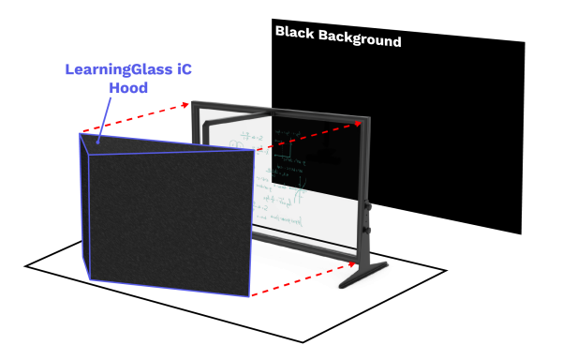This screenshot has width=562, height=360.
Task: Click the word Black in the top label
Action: pos(293,33)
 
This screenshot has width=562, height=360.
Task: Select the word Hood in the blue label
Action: pos(128,87)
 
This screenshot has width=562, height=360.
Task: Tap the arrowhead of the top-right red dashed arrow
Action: pos(359,124)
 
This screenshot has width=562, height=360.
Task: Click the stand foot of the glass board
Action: pos(363,275)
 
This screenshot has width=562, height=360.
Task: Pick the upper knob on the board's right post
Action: pos(368,206)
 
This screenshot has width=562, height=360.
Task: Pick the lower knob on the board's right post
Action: pos(367,229)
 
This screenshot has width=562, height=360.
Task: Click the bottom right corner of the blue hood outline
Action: pos(250,297)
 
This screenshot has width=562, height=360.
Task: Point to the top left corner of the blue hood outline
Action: pos(80,133)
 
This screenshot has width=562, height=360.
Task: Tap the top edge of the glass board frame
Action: pos(281,108)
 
